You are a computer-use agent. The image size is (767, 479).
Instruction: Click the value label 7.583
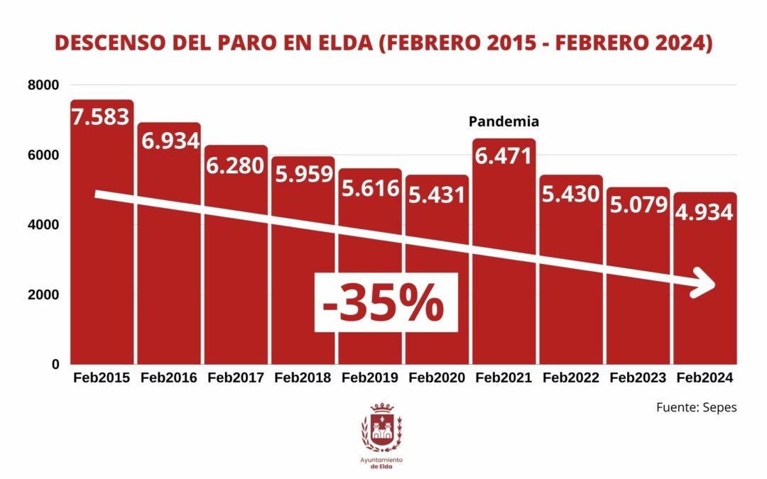(x=102, y=116)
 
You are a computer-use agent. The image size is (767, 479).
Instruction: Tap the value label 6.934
(x=169, y=140)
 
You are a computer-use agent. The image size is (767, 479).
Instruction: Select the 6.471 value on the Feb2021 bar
(x=504, y=155)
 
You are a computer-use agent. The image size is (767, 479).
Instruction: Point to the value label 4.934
(x=704, y=211)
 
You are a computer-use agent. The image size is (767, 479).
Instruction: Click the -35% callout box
(x=383, y=303)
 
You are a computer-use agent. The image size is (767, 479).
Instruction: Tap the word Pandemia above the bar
(x=504, y=121)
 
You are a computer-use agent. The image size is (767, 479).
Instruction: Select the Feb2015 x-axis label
(x=102, y=378)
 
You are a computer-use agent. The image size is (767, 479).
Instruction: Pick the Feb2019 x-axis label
(x=369, y=378)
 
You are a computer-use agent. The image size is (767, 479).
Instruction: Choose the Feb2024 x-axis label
(x=704, y=378)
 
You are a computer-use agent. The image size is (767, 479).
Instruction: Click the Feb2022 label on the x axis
(x=570, y=378)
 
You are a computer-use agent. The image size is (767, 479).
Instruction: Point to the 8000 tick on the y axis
(x=43, y=85)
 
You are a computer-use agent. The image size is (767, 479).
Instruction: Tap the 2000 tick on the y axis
(x=43, y=294)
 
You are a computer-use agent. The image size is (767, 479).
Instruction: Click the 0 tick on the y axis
(x=55, y=364)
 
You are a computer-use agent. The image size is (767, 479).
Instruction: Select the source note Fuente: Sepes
(x=696, y=408)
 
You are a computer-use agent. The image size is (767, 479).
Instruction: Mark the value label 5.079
(x=637, y=204)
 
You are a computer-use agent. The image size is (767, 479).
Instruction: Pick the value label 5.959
(x=303, y=173)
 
